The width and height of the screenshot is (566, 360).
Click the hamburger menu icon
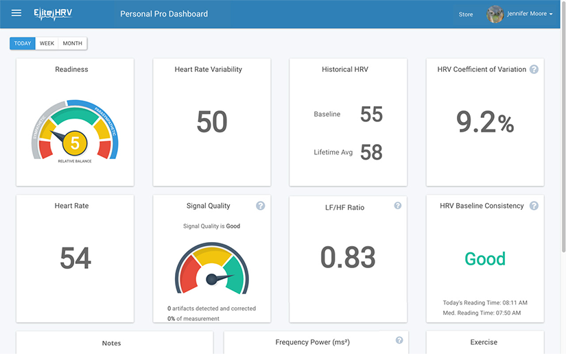click(16, 13)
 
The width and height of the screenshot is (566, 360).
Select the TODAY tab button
click(23, 43)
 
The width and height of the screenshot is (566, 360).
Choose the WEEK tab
click(47, 43)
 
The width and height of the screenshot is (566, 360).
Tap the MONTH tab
click(72, 43)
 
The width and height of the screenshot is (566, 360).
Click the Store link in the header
click(466, 14)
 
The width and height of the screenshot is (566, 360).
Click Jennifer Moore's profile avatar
click(495, 14)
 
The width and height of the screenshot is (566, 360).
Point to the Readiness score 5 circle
click(75, 143)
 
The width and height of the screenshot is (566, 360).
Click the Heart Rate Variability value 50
click(211, 122)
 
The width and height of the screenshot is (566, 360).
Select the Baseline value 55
click(371, 114)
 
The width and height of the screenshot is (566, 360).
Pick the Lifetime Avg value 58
click(371, 152)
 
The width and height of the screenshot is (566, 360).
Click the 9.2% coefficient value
click(485, 122)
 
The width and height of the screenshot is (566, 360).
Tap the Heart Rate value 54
click(75, 259)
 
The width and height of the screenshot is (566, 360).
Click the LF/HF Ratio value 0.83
click(348, 257)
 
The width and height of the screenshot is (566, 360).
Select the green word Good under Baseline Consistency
click(485, 259)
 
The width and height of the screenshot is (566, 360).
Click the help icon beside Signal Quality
click(260, 206)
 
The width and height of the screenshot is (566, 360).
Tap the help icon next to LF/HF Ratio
click(398, 205)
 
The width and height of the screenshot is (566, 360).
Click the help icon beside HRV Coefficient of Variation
click(534, 69)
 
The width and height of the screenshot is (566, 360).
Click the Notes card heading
click(111, 343)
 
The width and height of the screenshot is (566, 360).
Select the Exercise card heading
click(484, 342)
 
